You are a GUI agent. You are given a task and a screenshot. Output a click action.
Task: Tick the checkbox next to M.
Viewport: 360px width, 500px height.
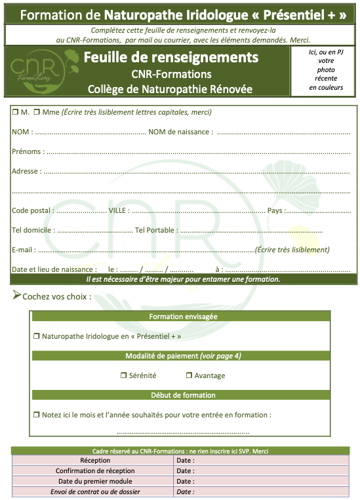[x=15, y=112]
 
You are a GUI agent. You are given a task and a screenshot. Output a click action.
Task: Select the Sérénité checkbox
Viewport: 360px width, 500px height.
[x=123, y=375]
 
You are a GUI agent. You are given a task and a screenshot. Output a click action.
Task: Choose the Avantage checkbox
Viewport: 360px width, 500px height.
[x=189, y=375]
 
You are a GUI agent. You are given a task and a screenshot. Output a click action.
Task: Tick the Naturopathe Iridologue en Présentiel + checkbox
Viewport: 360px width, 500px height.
[x=37, y=336]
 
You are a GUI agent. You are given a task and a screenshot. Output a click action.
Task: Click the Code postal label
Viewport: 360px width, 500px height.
[x=31, y=211]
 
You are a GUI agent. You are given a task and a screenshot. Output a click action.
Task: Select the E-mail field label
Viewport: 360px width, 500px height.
[x=23, y=250]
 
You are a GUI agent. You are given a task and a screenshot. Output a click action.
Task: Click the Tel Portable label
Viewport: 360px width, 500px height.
[x=155, y=231]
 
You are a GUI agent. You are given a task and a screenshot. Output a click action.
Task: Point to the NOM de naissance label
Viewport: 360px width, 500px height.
[x=180, y=132]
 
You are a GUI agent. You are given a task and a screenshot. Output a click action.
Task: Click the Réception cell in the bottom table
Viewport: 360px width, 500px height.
[x=95, y=460]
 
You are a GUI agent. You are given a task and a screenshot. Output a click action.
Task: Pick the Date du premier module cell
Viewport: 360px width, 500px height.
[x=95, y=481]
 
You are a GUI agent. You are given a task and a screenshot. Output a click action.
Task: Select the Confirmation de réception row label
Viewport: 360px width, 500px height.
[x=95, y=471]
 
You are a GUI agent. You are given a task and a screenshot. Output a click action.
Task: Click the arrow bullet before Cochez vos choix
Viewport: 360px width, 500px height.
[x=17, y=296]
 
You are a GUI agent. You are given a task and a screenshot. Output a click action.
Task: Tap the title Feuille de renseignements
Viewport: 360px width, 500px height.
[x=170, y=58]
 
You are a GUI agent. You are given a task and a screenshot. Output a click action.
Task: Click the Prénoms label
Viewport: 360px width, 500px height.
[x=28, y=152]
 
